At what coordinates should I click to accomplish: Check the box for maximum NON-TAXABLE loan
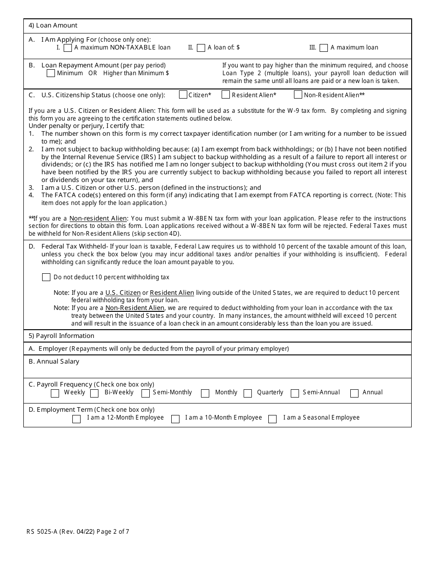click(68, 48)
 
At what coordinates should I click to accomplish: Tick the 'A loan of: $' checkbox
click(201, 48)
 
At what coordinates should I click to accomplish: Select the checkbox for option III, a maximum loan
click(324, 48)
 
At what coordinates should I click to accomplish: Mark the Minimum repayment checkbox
click(51, 73)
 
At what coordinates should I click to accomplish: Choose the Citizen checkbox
click(183, 95)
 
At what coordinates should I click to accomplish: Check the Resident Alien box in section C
click(226, 95)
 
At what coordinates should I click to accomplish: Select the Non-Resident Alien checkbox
click(298, 95)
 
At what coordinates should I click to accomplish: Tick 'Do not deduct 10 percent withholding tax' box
click(46, 277)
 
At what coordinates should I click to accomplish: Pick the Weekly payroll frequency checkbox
click(55, 393)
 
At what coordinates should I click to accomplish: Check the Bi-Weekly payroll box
click(95, 393)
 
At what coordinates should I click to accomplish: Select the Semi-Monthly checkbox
click(146, 393)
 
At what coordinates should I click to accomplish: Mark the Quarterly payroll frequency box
click(248, 393)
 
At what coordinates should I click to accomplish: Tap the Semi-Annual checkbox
click(295, 393)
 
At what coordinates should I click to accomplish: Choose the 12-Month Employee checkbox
click(76, 419)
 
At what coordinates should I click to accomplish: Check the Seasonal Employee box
click(272, 419)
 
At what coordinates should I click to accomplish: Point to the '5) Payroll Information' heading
click(61, 336)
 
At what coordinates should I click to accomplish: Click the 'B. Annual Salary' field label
click(54, 361)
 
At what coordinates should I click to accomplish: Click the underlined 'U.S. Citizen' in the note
click(123, 293)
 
